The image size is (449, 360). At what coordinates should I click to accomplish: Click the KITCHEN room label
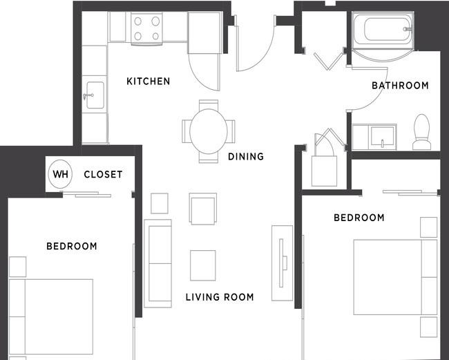pos(149,82)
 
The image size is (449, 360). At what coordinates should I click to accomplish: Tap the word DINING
pos(246,157)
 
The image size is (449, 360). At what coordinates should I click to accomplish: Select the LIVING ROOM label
pos(220,297)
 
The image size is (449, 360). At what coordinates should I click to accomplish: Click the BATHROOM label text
pos(400,86)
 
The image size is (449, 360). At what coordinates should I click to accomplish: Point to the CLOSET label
pos(103,174)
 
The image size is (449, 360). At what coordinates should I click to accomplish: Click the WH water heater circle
pos(60,174)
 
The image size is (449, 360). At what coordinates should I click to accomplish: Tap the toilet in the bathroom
pos(422,132)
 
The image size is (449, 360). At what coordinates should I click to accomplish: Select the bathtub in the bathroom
pos(383,30)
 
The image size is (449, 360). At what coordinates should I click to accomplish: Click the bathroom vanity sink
pos(382,137)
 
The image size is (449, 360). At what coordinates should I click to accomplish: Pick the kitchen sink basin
pos(95,95)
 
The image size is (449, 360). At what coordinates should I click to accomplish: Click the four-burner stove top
pos(146,28)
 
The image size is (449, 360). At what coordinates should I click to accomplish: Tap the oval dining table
pos(209,131)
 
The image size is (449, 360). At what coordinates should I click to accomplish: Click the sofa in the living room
pos(157,263)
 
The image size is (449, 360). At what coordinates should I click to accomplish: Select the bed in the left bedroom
pos(51,316)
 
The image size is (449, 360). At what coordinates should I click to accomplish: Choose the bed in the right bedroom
pos(395,277)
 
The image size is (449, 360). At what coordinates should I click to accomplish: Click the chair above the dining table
pos(209,104)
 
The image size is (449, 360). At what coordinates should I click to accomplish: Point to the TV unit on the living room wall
pos(282,263)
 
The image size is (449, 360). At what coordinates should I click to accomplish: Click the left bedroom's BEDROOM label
pos(72,246)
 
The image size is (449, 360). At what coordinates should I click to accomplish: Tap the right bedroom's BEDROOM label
pos(359,218)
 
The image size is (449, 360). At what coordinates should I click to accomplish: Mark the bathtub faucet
pos(408,29)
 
